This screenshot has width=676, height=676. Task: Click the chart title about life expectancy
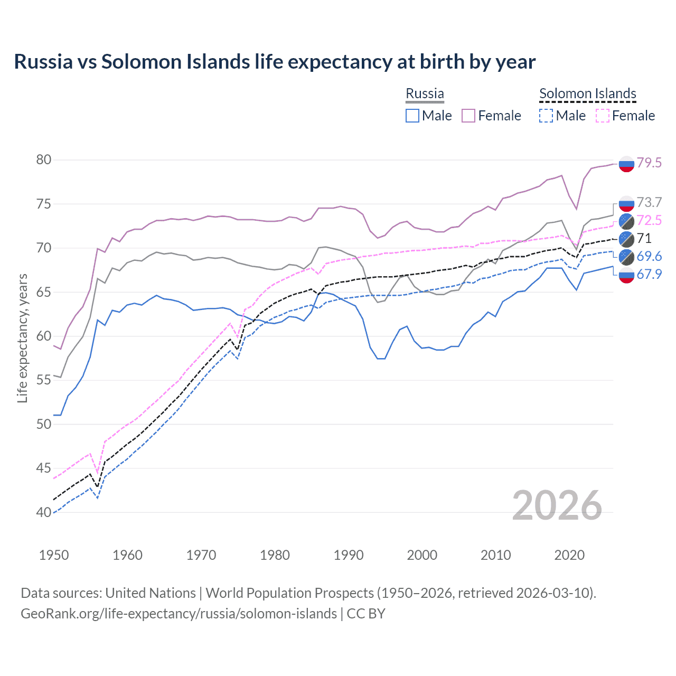275,62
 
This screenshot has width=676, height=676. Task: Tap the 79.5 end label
649,163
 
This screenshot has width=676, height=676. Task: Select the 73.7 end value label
649,202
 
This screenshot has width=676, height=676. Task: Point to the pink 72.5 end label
649,220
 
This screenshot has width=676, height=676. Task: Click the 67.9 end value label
649,274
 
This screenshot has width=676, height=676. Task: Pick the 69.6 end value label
649,256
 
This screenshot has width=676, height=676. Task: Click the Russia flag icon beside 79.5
626,164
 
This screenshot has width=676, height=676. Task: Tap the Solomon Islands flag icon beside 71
626,239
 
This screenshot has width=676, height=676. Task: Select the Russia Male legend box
412,116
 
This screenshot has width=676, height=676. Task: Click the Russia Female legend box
468,116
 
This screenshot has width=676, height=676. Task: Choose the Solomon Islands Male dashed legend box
546,116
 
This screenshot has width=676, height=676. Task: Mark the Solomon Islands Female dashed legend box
603,116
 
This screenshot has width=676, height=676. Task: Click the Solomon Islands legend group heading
587,94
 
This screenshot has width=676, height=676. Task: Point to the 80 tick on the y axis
44,159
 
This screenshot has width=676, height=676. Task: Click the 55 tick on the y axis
44,380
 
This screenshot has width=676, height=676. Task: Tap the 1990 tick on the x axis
349,555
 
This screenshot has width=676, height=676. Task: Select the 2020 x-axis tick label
569,555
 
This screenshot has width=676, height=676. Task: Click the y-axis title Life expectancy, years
23,338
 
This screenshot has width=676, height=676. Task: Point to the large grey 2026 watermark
557,505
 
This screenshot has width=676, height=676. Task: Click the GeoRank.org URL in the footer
179,614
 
